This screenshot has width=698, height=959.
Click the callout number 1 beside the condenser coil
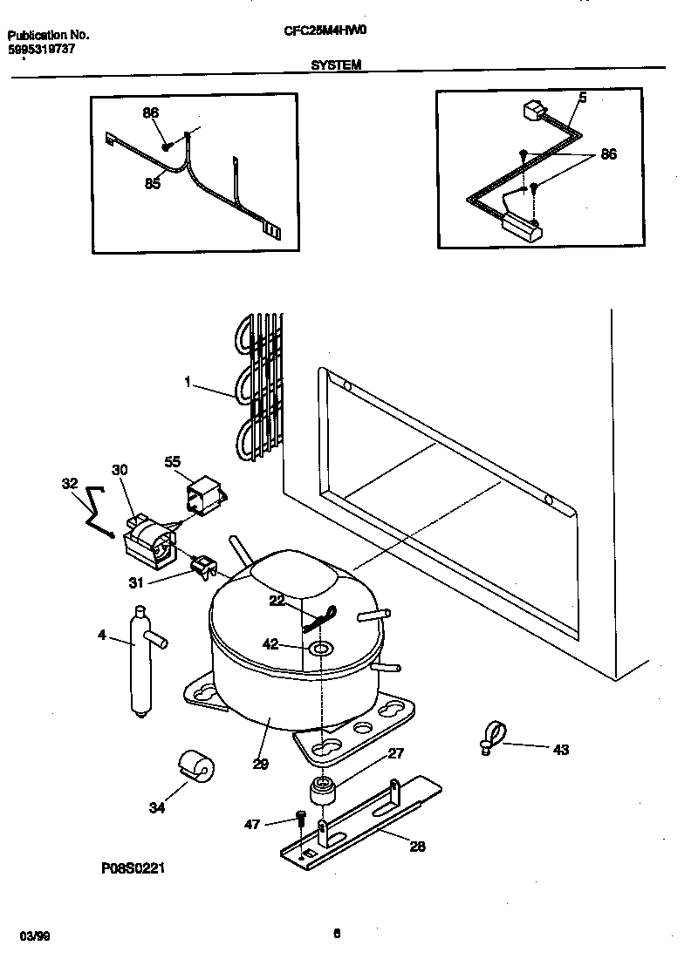pyautogui.click(x=188, y=382)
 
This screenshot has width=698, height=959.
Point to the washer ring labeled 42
pyautogui.click(x=320, y=648)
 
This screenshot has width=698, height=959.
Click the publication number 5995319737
pyautogui.click(x=42, y=51)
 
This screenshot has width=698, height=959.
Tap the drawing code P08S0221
pyautogui.click(x=133, y=868)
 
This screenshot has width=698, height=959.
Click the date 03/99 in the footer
pyautogui.click(x=34, y=935)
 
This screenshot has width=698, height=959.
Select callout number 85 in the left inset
pyautogui.click(x=152, y=183)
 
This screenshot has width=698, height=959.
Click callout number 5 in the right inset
pyautogui.click(x=582, y=98)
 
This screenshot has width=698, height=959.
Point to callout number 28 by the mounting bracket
pyautogui.click(x=417, y=845)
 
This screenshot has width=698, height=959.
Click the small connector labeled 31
pyautogui.click(x=202, y=568)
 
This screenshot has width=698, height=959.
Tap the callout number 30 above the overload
pyautogui.click(x=120, y=470)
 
